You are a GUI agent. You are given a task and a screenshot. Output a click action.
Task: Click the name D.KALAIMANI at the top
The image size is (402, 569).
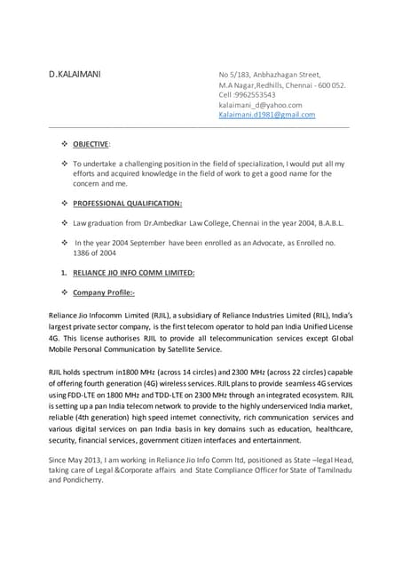click(75, 74)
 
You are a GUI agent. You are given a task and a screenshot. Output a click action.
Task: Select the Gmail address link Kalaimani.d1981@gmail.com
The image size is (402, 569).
click(266, 115)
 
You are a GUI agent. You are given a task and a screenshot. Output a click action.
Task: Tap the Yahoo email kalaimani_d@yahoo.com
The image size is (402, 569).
click(260, 105)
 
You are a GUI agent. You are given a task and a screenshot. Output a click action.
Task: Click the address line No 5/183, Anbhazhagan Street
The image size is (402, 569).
click(270, 74)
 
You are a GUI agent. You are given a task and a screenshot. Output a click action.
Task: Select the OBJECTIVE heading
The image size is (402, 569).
click(91, 143)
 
